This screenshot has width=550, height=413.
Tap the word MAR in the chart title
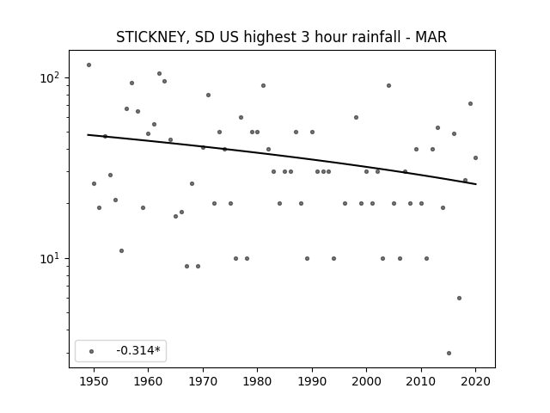tap(431, 37)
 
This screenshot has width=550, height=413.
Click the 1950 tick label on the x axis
tap(94, 381)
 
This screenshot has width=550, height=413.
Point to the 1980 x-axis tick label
tap(257, 381)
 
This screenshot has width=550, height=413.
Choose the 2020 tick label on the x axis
tap(475, 381)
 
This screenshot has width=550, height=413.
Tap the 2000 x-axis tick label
tap(367, 381)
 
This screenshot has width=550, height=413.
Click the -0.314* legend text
tap(138, 350)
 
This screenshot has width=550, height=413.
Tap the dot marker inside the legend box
tap(92, 351)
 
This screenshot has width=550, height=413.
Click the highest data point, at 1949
tap(89, 65)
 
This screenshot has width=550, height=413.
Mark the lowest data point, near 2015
tap(449, 354)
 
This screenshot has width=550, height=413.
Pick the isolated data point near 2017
tap(459, 299)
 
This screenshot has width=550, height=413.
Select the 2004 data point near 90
tap(388, 86)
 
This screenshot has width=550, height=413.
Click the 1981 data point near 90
tap(264, 86)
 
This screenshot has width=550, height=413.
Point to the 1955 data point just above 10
tap(121, 250)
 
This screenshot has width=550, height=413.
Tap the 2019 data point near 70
tap(470, 103)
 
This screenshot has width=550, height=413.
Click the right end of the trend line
tap(476, 184)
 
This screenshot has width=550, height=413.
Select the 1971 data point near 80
tap(208, 96)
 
